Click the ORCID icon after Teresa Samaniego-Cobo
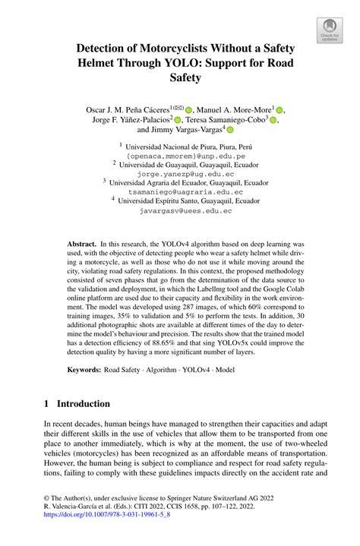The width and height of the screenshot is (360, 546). pyautogui.click(x=274, y=119)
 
